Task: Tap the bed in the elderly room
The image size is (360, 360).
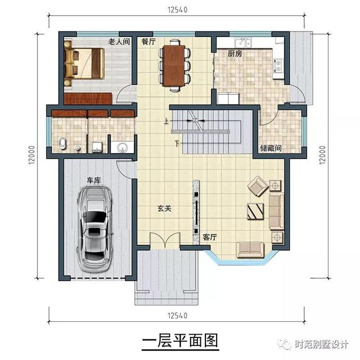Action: (84, 62)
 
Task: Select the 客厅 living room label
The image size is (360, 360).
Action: (210, 237)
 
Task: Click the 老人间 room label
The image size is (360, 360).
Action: (119, 42)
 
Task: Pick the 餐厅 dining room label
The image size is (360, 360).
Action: (148, 42)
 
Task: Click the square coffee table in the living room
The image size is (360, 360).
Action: (254, 211)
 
